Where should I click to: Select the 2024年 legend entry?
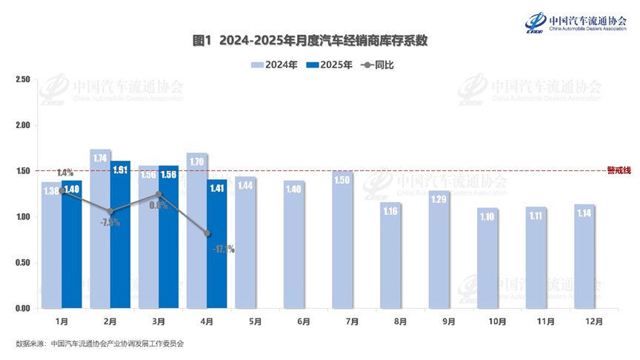point(275,65)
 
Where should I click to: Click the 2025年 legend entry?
point(330,65)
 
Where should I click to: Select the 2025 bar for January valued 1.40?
point(72,244)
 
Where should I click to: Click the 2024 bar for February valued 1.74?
point(100,230)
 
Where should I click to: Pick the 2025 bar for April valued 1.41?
point(217,244)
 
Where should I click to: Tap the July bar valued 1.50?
point(341,240)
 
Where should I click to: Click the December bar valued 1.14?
point(584,256)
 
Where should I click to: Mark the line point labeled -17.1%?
point(207,233)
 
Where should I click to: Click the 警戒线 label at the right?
point(619,170)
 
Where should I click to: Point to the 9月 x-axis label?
point(449,321)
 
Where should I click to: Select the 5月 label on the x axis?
point(255,321)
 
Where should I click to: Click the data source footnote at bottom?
point(99,344)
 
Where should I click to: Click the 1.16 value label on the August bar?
point(390,211)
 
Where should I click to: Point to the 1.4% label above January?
point(64,173)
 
